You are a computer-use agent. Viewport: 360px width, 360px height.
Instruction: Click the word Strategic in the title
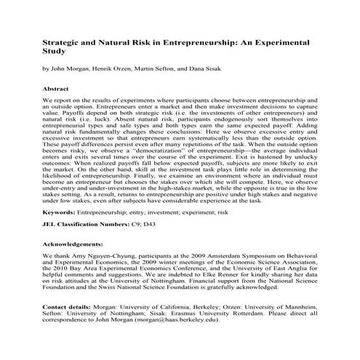pyautogui.click(x=61, y=43)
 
